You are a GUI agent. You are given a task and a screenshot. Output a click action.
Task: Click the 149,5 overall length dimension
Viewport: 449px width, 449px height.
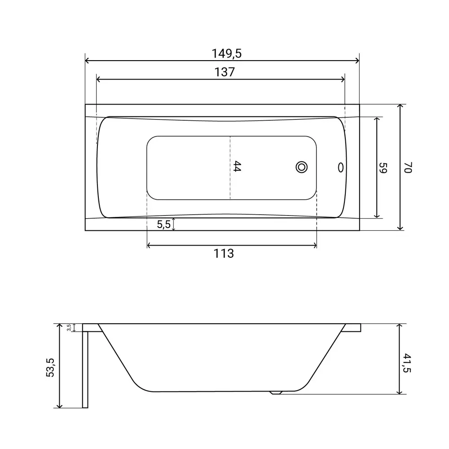tap(226, 53)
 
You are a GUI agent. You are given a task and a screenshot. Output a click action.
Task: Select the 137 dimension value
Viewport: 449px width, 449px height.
tap(225, 72)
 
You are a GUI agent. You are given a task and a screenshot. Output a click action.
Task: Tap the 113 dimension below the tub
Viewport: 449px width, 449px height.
tap(224, 253)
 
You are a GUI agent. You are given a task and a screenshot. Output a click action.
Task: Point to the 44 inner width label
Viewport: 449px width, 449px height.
tap(237, 167)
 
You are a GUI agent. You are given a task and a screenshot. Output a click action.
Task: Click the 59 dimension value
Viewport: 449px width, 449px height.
tap(383, 168)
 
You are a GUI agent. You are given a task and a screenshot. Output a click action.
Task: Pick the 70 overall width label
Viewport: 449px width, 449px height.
tap(408, 167)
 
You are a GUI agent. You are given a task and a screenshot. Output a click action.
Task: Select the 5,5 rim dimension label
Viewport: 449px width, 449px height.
tap(163, 224)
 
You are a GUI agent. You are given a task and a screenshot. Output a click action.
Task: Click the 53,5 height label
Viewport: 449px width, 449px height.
tap(50, 367)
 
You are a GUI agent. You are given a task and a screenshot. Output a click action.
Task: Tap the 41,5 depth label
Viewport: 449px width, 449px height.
tap(407, 363)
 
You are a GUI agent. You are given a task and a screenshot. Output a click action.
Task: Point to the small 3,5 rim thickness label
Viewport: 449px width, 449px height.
tap(69, 328)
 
